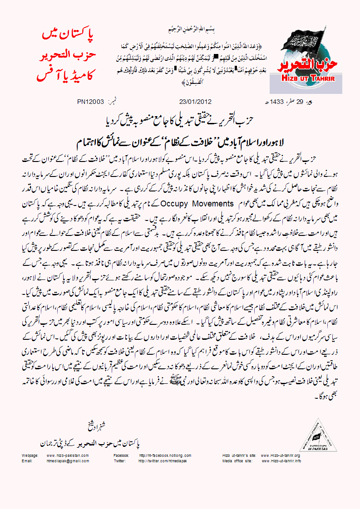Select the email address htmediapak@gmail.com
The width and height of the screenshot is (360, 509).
tap(68, 461)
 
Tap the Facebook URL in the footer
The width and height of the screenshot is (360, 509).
tap(165, 455)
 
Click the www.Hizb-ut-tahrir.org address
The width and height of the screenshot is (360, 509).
tap(281, 455)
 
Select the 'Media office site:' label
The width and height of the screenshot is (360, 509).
tap(237, 461)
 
